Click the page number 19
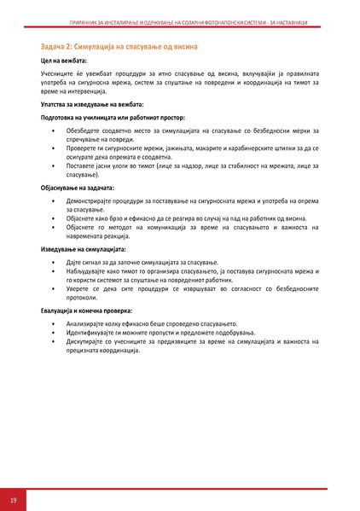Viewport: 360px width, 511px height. click(14, 499)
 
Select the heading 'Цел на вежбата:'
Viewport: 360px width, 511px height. click(63, 62)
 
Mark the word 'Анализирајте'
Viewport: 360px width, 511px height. click(86, 324)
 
